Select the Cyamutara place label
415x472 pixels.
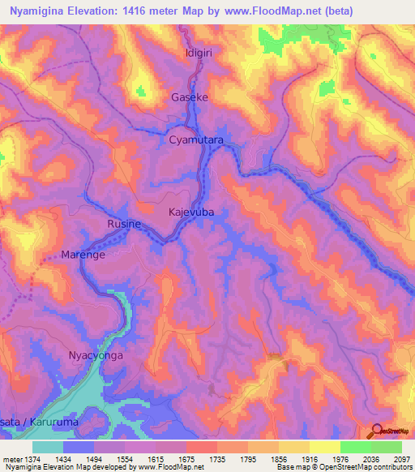(195, 140)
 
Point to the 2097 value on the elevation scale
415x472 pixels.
(402, 459)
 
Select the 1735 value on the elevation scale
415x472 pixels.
(217, 459)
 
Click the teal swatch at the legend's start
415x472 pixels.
(48, 447)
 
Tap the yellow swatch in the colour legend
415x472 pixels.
(324, 447)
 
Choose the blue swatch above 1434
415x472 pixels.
(79, 447)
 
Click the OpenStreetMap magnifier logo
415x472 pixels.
(378, 431)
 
